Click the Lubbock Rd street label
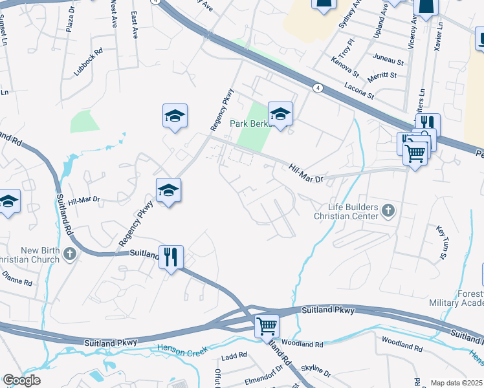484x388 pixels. [89, 63]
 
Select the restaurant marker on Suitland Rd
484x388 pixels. [171, 257]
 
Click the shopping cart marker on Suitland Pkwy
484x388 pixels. [266, 325]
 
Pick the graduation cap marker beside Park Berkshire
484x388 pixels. [280, 114]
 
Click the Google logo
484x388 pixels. [21, 380]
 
